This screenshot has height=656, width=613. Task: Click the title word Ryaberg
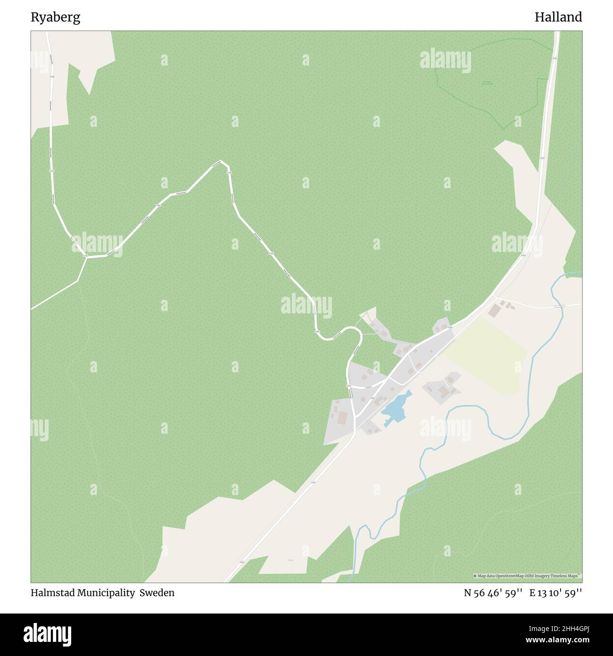click(x=56, y=17)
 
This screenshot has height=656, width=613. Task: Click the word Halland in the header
click(x=558, y=17)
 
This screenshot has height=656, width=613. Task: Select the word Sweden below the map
click(x=159, y=593)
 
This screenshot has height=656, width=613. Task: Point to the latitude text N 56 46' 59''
click(x=493, y=593)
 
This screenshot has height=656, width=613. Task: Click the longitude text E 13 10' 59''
click(x=555, y=593)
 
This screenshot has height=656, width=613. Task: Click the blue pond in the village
click(x=395, y=407)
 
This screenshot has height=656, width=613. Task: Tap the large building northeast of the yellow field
click(x=495, y=311)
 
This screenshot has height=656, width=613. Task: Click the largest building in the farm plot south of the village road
click(x=443, y=391)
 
